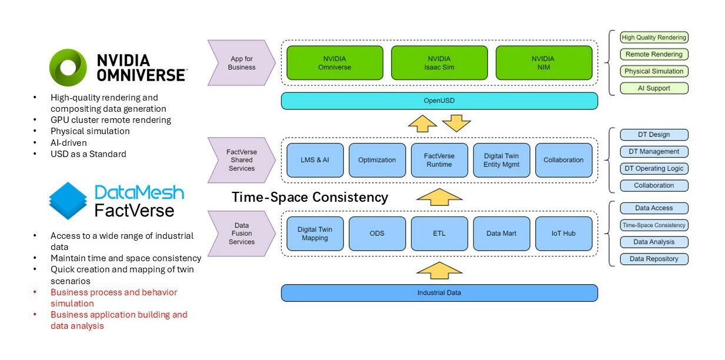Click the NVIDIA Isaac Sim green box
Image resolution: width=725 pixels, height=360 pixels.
(x=439, y=63)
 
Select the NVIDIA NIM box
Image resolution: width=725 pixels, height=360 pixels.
(x=543, y=63)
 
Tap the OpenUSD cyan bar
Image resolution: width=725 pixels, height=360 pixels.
(x=439, y=101)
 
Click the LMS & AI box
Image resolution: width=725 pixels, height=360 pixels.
(x=315, y=160)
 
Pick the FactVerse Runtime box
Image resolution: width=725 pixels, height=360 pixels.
(x=439, y=160)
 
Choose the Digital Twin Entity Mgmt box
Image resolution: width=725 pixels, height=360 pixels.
(x=502, y=160)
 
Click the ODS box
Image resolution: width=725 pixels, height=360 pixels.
(x=377, y=234)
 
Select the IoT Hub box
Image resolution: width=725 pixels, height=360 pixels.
(x=563, y=234)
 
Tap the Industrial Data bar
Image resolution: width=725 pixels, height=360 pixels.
(x=439, y=293)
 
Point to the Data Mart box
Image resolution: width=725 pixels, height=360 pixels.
(x=502, y=234)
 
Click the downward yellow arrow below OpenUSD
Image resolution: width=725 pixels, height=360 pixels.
(x=456, y=124)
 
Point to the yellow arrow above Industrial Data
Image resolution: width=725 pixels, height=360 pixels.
(x=439, y=270)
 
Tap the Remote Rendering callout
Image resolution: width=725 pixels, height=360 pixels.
(x=654, y=54)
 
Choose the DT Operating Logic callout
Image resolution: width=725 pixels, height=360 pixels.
(x=654, y=168)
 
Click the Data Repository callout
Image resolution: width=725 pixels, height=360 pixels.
(x=654, y=259)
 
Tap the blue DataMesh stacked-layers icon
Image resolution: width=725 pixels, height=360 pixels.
(x=68, y=200)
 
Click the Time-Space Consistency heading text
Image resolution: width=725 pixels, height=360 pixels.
(x=310, y=197)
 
